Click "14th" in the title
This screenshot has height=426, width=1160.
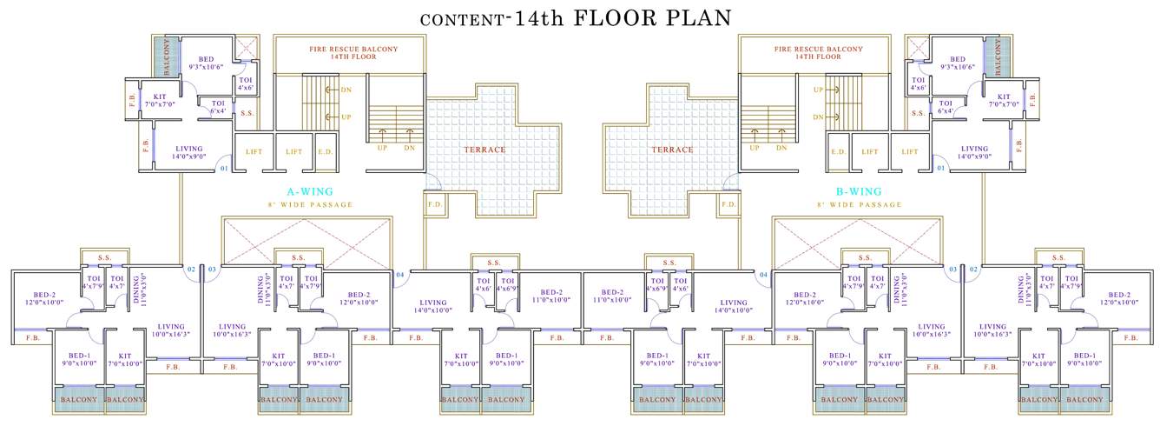(x=537, y=18)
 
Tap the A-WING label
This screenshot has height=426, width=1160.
(x=310, y=191)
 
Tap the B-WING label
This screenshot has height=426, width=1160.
(x=860, y=191)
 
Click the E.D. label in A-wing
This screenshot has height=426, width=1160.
(x=325, y=152)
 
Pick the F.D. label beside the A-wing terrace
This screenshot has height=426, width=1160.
(x=434, y=205)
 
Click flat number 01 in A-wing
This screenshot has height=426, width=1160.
(x=223, y=168)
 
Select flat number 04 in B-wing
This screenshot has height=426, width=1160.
(x=763, y=275)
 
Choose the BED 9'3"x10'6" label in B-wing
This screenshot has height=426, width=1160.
(x=957, y=62)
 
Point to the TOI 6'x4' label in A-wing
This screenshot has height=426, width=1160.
(x=218, y=106)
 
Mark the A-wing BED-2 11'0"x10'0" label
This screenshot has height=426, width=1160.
(x=554, y=296)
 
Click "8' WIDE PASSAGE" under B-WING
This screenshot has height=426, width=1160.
(x=860, y=204)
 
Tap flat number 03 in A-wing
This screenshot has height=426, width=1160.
(x=212, y=270)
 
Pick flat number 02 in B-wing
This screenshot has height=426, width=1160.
(x=972, y=270)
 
